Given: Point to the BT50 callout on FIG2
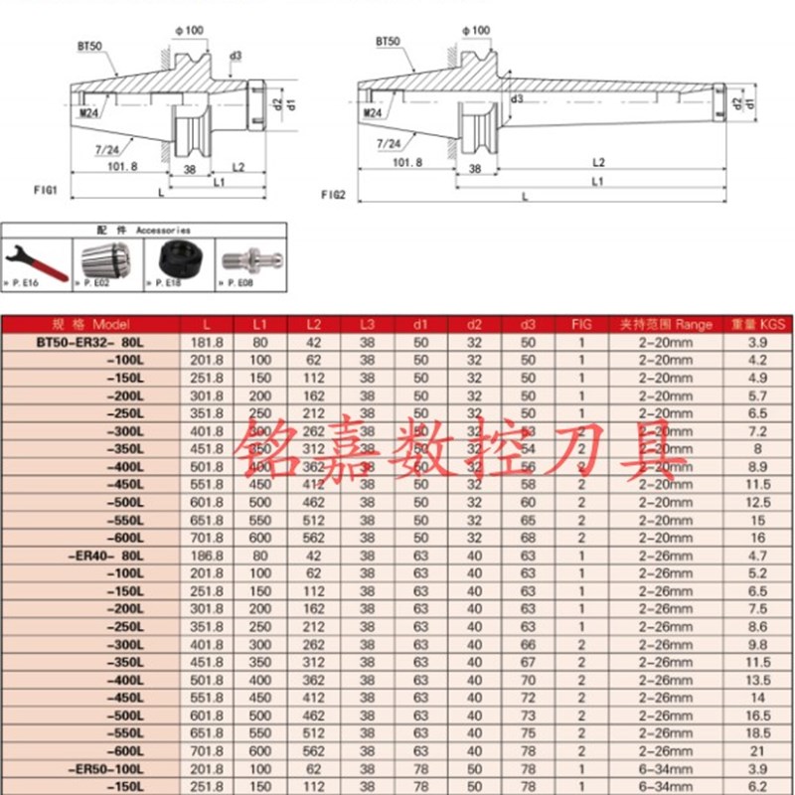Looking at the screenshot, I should [x=388, y=43].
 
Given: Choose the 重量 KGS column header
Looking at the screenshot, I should [x=758, y=325].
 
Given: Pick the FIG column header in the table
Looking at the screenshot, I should [x=581, y=325].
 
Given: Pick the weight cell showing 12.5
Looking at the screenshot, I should [x=758, y=503].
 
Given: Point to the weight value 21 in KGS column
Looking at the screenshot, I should [x=758, y=750].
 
